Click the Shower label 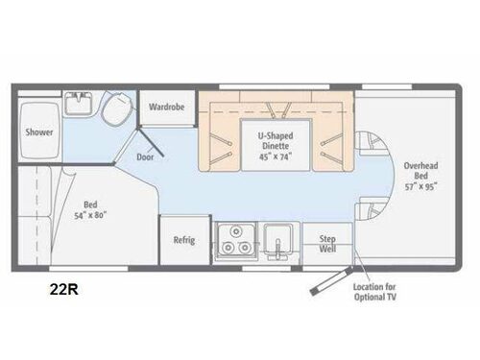(x=39, y=132)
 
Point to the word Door (x=145, y=157)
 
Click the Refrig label (x=183, y=240)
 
